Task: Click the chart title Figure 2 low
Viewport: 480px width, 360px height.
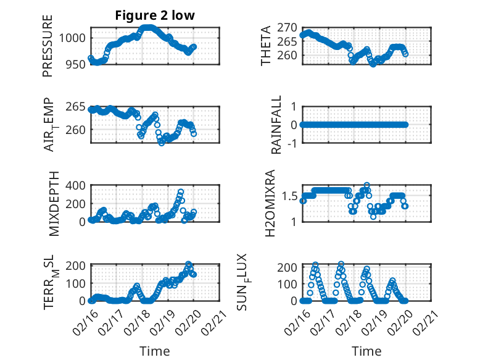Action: pyautogui.click(x=155, y=16)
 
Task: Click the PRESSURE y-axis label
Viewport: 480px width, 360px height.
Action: pyautogui.click(x=48, y=46)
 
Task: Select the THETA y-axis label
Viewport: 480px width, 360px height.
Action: pyautogui.click(x=266, y=46)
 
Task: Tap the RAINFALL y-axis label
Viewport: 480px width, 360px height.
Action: pyautogui.click(x=278, y=124)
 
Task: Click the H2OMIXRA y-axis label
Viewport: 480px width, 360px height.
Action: pyautogui.click(x=270, y=203)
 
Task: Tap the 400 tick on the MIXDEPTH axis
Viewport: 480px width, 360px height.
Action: pyautogui.click(x=77, y=185)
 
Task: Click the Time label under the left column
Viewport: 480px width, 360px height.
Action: pyautogui.click(x=155, y=351)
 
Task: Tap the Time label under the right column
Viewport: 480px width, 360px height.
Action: pyautogui.click(x=366, y=351)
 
